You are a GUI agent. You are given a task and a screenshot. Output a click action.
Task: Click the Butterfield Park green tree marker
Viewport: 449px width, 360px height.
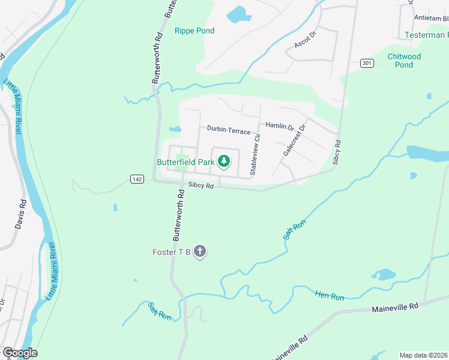pyautogui.click(x=224, y=161)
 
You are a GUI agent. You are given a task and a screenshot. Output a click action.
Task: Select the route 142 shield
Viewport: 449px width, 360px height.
pyautogui.click(x=137, y=179)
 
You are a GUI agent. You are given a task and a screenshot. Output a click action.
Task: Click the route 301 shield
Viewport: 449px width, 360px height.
pyautogui.click(x=367, y=62)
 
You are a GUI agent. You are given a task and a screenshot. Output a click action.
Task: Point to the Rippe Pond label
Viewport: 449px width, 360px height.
pyautogui.click(x=194, y=31)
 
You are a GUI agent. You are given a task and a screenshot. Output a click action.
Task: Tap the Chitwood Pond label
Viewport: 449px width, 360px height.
pyautogui.click(x=404, y=61)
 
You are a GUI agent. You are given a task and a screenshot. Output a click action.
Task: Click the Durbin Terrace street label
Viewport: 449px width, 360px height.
pyautogui.click(x=228, y=130)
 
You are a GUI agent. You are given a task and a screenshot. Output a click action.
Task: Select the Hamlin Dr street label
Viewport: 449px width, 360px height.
pyautogui.click(x=279, y=127)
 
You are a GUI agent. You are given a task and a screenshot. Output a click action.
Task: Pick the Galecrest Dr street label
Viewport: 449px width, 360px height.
pyautogui.click(x=294, y=141)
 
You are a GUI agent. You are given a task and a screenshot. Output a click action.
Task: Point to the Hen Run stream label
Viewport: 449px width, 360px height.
pyautogui.click(x=330, y=296)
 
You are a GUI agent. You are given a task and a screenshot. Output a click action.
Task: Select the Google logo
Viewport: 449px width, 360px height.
pyautogui.click(x=19, y=352)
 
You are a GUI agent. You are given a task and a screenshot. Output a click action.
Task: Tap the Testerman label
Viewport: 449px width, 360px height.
pyautogui.click(x=426, y=35)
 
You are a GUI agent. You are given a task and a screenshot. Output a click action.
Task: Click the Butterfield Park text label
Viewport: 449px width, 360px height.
pyautogui.click(x=185, y=162)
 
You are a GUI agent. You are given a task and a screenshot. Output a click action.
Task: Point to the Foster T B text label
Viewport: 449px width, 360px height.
pyautogui.click(x=171, y=252)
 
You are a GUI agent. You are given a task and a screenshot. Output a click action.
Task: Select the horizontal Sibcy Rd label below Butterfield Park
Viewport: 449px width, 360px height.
pyautogui.click(x=201, y=186)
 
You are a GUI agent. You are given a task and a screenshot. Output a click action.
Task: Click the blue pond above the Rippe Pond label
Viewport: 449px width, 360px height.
pyautogui.click(x=238, y=13)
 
